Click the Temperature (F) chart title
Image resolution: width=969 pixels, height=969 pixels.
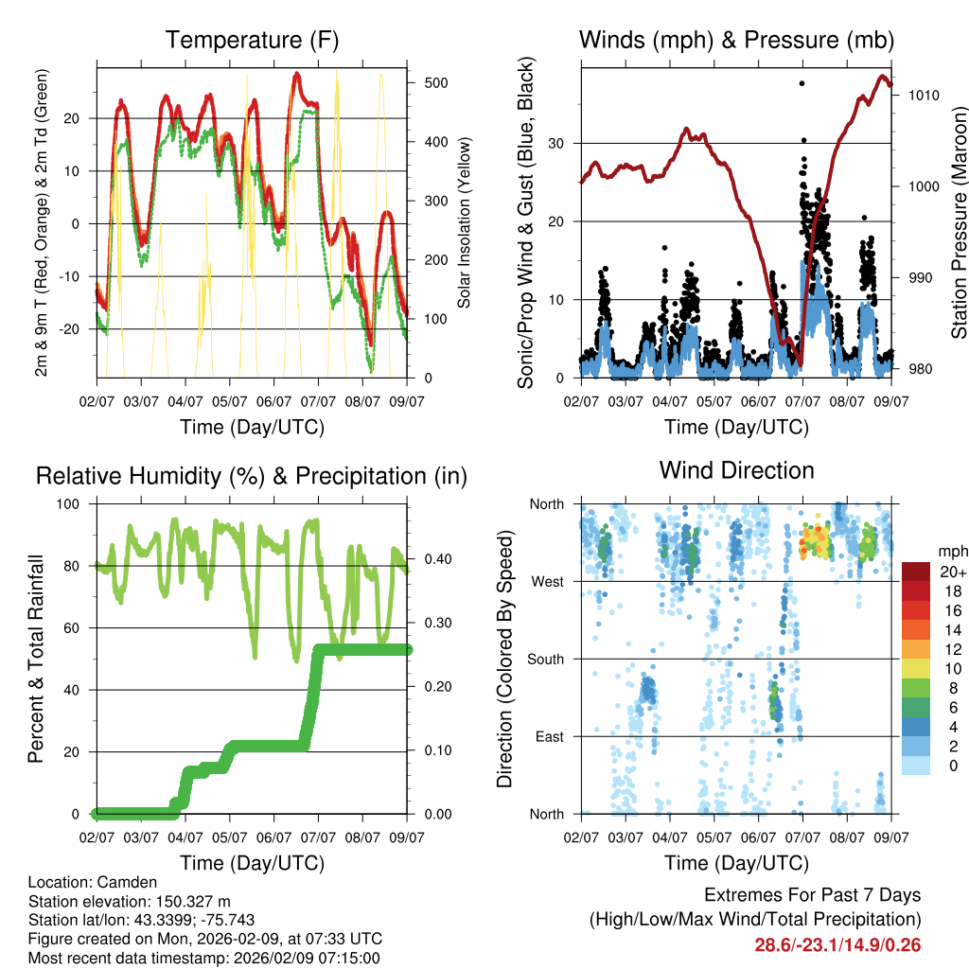252,41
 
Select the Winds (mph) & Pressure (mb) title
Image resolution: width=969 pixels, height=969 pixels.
736,41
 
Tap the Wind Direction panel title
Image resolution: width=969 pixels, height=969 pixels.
736,470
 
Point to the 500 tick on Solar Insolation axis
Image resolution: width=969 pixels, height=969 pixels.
436,83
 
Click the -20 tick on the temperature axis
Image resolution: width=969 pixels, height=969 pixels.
78,329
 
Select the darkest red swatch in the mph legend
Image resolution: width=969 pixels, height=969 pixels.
915,572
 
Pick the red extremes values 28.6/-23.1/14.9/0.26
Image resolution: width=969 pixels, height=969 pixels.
837,945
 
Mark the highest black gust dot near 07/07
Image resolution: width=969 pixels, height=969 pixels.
802,83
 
